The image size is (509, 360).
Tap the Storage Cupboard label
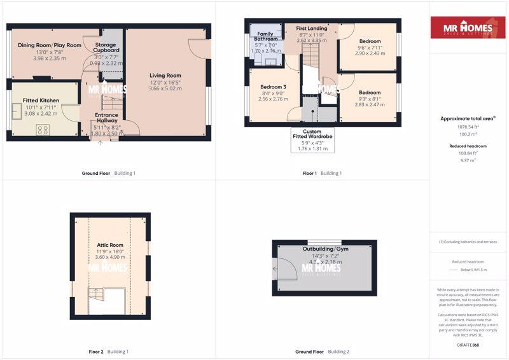click(x=107, y=46)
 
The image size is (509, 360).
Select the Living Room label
click(x=165, y=76)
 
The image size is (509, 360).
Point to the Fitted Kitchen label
click(x=41, y=100)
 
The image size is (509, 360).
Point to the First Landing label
click(x=312, y=29)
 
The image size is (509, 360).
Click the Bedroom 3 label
click(x=273, y=87)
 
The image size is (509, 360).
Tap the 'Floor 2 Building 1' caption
click(x=108, y=351)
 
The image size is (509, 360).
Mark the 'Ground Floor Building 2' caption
click(x=322, y=351)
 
